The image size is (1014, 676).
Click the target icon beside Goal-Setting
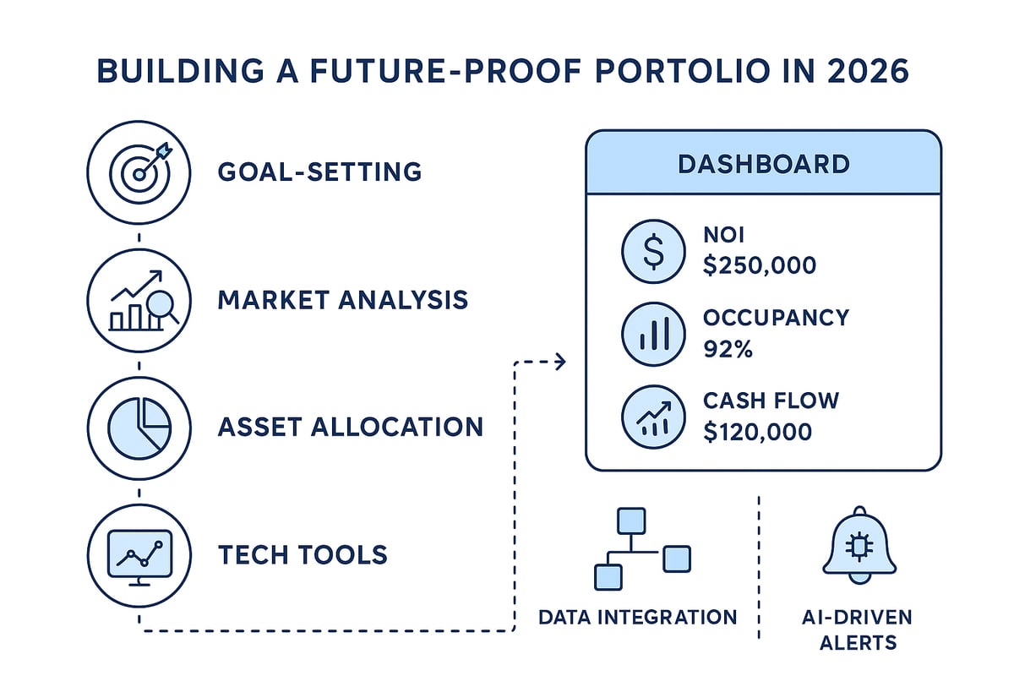click(140, 172)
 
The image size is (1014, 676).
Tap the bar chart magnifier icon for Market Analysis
click(140, 299)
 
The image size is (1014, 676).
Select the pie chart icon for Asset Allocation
click(140, 426)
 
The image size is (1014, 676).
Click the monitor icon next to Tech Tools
click(140, 554)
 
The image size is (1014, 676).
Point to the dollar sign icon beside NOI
click(653, 252)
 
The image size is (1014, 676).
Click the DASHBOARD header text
click(763, 164)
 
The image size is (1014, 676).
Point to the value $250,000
click(760, 266)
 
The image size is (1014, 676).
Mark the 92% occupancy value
click(728, 348)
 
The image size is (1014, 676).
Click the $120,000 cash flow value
click(757, 432)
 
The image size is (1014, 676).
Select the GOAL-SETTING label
click(319, 172)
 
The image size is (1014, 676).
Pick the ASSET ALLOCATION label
click(350, 427)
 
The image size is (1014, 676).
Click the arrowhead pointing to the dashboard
click(559, 363)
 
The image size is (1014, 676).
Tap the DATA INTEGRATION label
click(637, 617)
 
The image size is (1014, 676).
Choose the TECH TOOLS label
click(303, 555)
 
